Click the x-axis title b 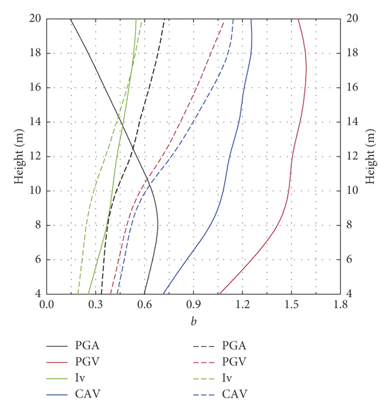[x=194, y=321]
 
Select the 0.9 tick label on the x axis [x=194, y=304]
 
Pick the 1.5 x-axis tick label [x=291, y=304]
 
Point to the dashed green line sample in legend [x=194, y=378]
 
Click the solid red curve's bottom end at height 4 [x=219, y=294]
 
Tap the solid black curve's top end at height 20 [x=70, y=19]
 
